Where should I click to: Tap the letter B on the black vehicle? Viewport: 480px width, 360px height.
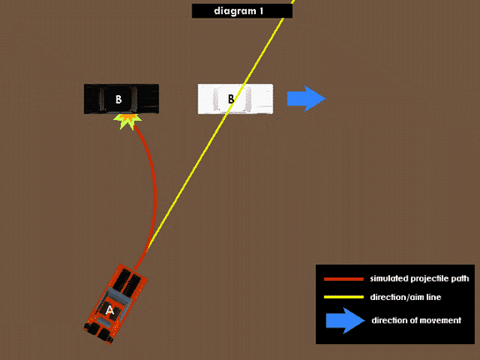click(118, 99)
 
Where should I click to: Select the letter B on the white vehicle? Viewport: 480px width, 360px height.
click(231, 99)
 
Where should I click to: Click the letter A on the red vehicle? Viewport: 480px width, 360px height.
click(110, 310)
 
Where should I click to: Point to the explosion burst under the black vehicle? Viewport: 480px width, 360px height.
click(127, 121)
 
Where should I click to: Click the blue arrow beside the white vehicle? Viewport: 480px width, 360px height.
click(307, 98)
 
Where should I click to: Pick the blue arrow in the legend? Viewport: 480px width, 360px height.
click(345, 321)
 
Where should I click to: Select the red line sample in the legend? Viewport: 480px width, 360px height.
click(344, 279)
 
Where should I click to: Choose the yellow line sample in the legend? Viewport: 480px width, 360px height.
click(344, 297)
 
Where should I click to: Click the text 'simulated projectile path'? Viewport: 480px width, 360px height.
click(419, 278)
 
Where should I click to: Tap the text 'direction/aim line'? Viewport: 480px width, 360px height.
click(406, 297)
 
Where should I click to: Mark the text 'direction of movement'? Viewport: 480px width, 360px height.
click(417, 320)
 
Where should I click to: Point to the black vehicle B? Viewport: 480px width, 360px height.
click(121, 99)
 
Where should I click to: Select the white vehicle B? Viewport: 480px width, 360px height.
click(235, 99)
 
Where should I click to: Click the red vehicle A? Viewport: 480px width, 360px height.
click(115, 303)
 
